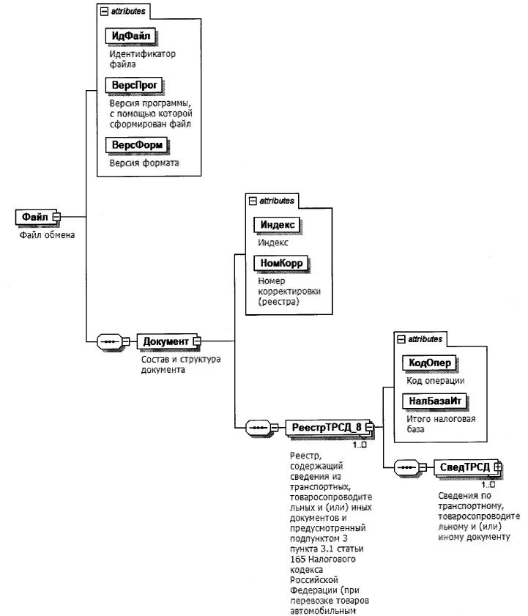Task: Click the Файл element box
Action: point(34,217)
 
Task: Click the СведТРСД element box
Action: point(464,467)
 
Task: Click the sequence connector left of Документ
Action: point(109,341)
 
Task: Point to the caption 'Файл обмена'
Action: point(47,235)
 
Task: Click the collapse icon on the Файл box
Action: point(56,217)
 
